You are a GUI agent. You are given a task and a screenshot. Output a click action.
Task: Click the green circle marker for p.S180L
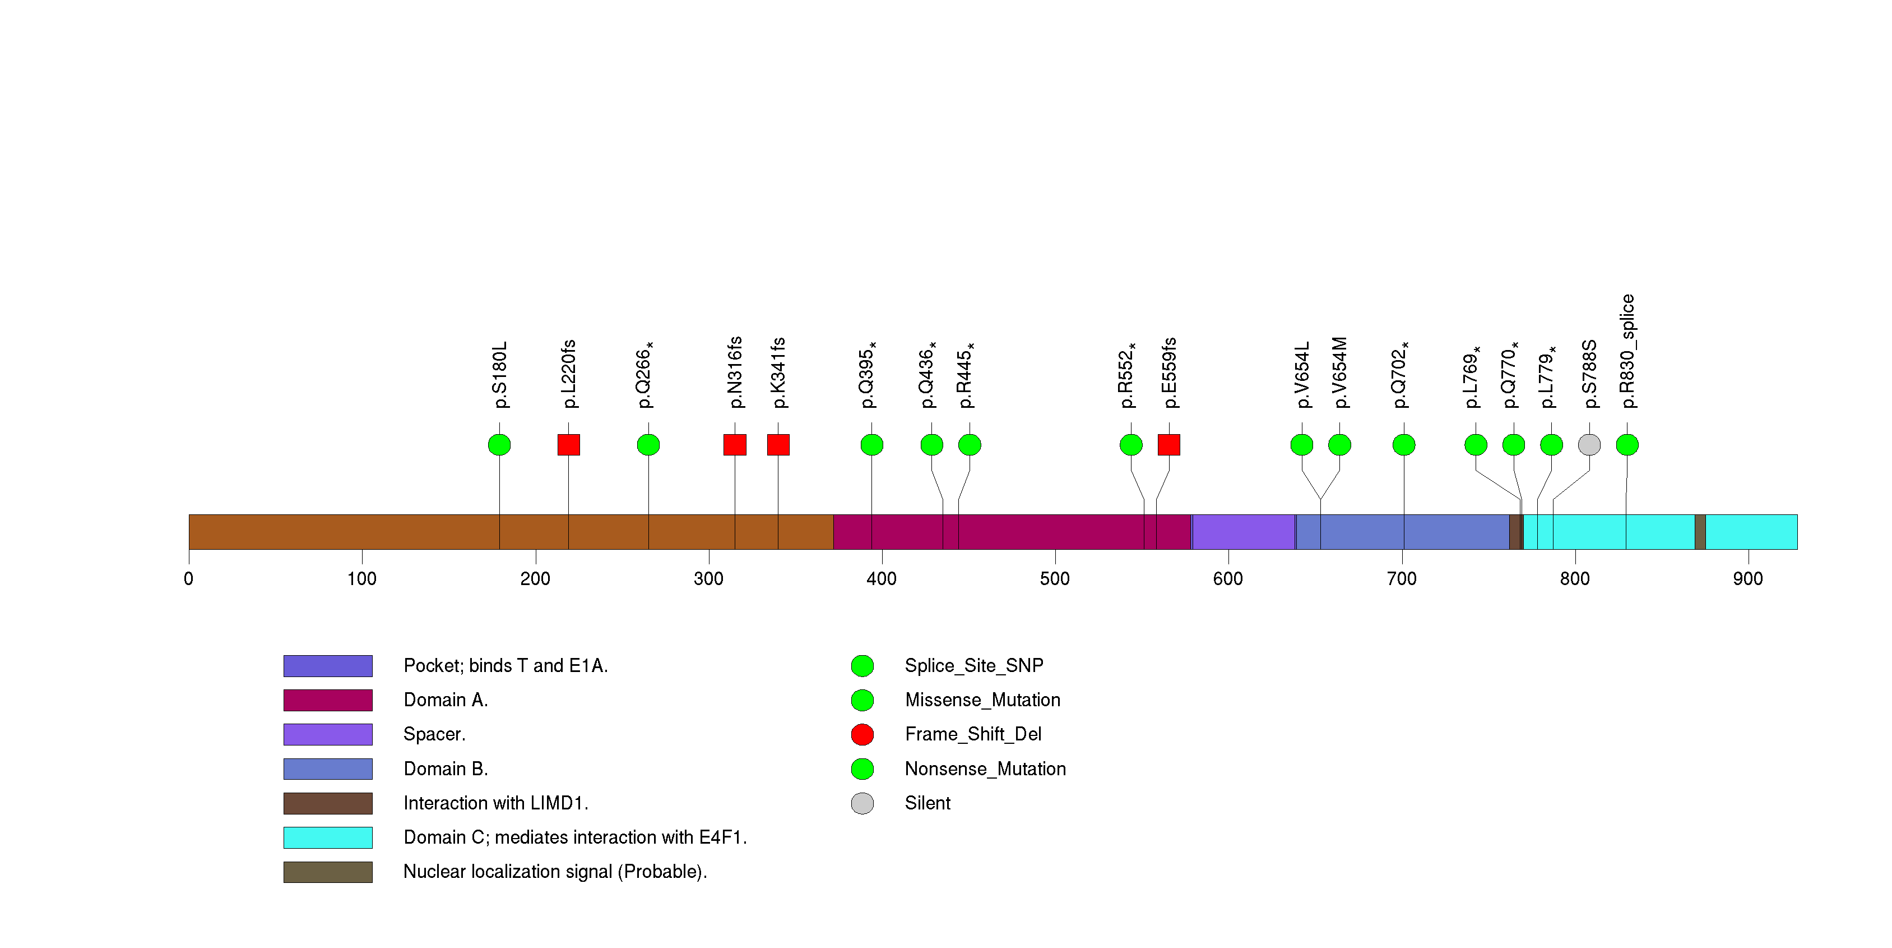coord(499,445)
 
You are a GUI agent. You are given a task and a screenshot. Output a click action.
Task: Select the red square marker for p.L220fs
coord(568,445)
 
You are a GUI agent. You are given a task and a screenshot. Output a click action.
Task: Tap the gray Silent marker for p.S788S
coord(1589,445)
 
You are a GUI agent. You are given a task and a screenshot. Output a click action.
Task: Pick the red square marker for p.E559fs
coord(1168,445)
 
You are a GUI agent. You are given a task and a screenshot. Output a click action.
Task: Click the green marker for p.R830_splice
coord(1627,445)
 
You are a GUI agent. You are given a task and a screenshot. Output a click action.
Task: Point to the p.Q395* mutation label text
coord(869,375)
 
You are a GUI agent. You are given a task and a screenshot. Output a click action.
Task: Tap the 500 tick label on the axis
coord(1055,579)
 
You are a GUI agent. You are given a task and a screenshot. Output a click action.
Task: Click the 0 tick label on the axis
coord(189,579)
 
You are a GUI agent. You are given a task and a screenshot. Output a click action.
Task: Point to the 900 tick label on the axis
coord(1747,579)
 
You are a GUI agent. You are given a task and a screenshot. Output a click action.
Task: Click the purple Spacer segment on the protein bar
coord(1244,531)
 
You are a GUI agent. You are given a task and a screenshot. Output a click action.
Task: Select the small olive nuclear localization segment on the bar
coord(1700,531)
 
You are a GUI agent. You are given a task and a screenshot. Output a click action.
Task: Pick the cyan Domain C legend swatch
coord(328,837)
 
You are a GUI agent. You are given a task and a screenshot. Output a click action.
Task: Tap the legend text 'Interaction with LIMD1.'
coord(496,803)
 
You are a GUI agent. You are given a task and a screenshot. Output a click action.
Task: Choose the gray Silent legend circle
coord(862,803)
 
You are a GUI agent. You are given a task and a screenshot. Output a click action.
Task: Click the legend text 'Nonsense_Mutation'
coord(985,768)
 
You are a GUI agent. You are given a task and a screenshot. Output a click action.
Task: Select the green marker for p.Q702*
coord(1403,445)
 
